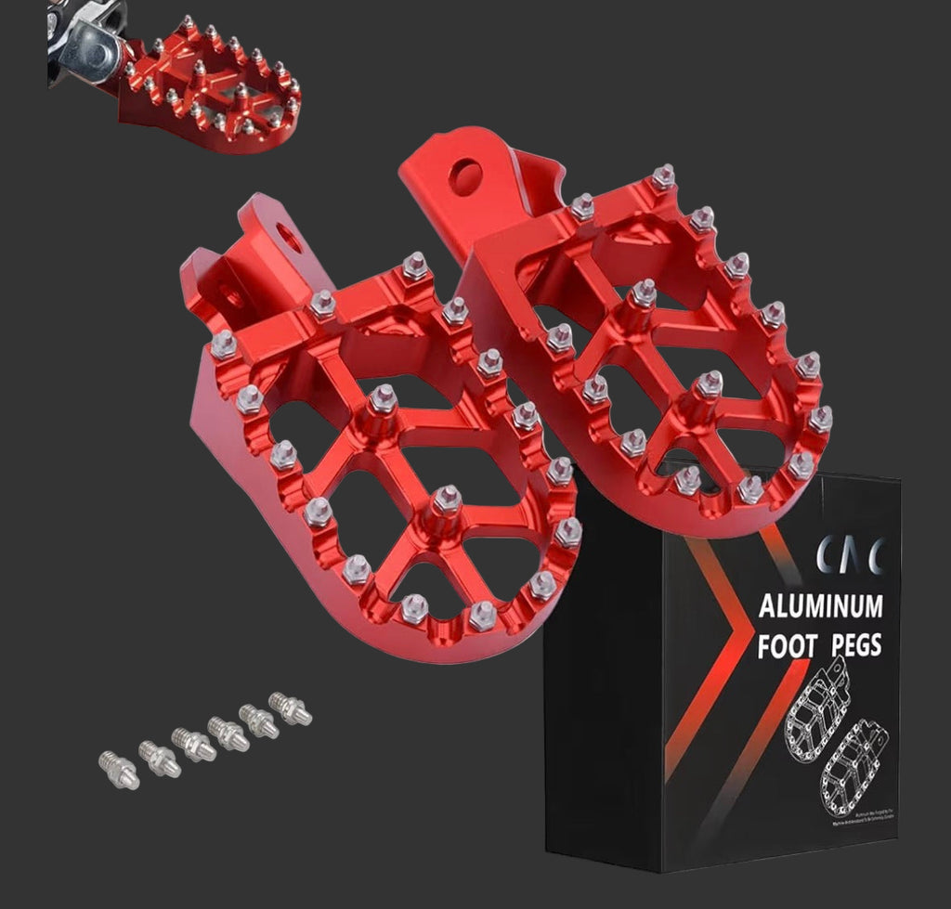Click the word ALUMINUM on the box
click(x=820, y=607)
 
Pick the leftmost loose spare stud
click(x=118, y=770)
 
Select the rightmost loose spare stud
click(x=290, y=708)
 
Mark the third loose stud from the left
click(x=193, y=744)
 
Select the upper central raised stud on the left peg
click(x=381, y=403)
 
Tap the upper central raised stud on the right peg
click(x=642, y=298)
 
